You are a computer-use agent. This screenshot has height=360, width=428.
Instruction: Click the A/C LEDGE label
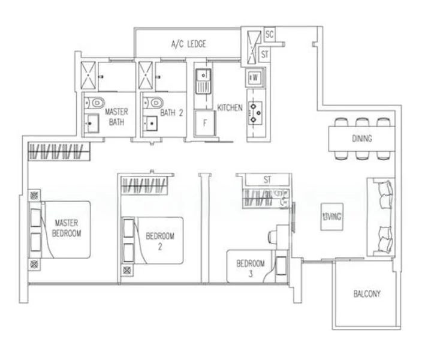[x=189, y=44]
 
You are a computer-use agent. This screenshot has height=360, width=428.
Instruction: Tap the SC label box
[x=269, y=34]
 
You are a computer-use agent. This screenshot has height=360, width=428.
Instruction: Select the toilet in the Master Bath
[x=94, y=103]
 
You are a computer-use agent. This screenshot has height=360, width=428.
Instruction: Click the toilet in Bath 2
[x=153, y=103]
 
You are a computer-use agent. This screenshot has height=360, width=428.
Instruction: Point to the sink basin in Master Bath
[x=92, y=124]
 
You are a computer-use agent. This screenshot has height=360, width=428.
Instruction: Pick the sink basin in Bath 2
[x=150, y=124]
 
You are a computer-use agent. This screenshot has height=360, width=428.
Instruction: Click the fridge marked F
[x=204, y=123]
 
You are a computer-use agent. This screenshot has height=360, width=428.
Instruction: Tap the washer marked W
[x=255, y=77]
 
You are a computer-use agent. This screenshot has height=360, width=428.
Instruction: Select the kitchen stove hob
[x=255, y=113]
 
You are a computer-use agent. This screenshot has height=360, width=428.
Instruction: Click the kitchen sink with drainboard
[x=203, y=81]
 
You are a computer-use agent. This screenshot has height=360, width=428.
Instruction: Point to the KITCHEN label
[x=230, y=107]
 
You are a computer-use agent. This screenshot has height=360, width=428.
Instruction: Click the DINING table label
[x=362, y=139]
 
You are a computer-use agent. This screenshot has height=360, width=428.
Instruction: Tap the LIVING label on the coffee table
[x=332, y=217]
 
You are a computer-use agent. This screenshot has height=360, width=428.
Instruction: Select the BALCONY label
[x=367, y=293]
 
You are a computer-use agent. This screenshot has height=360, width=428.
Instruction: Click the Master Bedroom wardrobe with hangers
[x=59, y=151]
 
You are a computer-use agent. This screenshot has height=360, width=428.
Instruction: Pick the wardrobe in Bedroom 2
[x=144, y=186]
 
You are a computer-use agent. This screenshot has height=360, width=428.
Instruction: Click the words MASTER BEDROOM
[x=67, y=228]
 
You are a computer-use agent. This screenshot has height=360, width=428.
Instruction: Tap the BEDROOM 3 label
[x=251, y=268]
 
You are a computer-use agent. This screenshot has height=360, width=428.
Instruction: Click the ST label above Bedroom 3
[x=267, y=179]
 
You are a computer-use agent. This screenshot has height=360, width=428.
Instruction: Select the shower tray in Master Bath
[x=88, y=76]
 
